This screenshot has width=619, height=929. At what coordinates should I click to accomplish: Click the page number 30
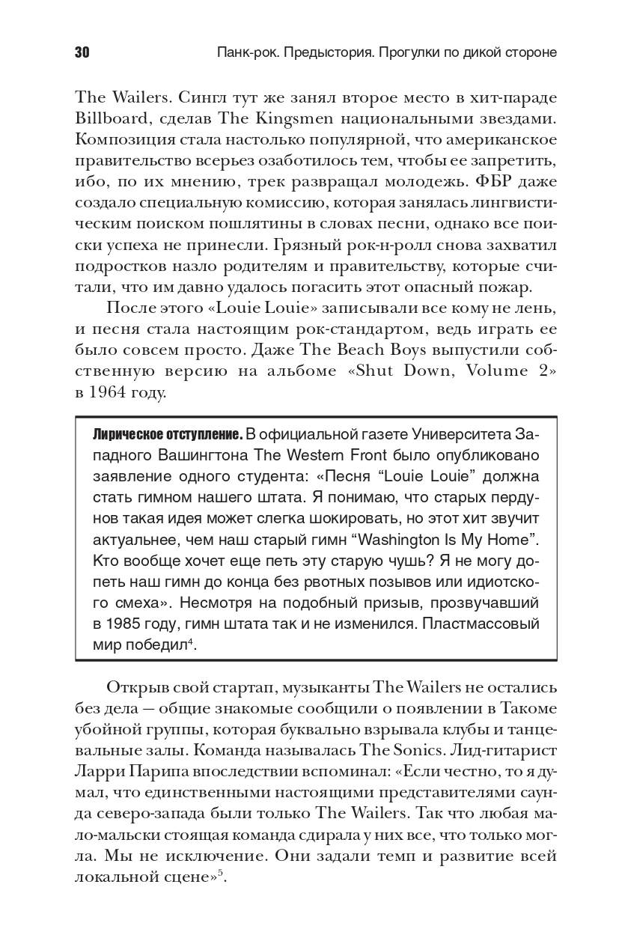(82, 53)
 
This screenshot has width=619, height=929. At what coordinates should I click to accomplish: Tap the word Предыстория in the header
(327, 53)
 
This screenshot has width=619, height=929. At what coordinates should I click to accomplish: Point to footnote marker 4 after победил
(191, 641)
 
